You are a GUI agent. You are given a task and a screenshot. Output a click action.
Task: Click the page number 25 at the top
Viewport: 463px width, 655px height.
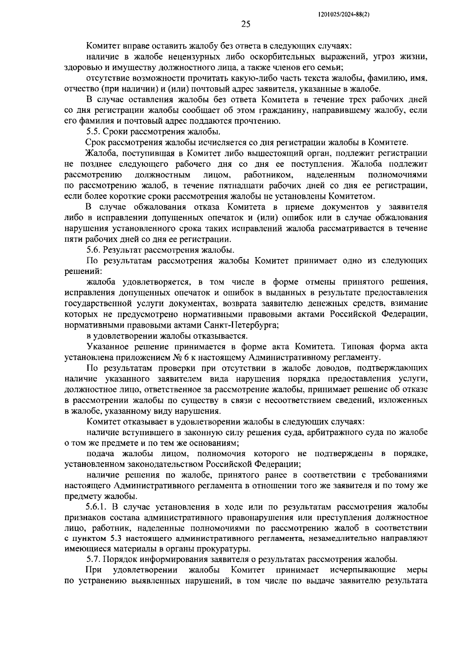click(x=246, y=25)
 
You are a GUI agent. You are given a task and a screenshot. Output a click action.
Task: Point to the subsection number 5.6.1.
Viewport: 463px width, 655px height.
click(x=99, y=507)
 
